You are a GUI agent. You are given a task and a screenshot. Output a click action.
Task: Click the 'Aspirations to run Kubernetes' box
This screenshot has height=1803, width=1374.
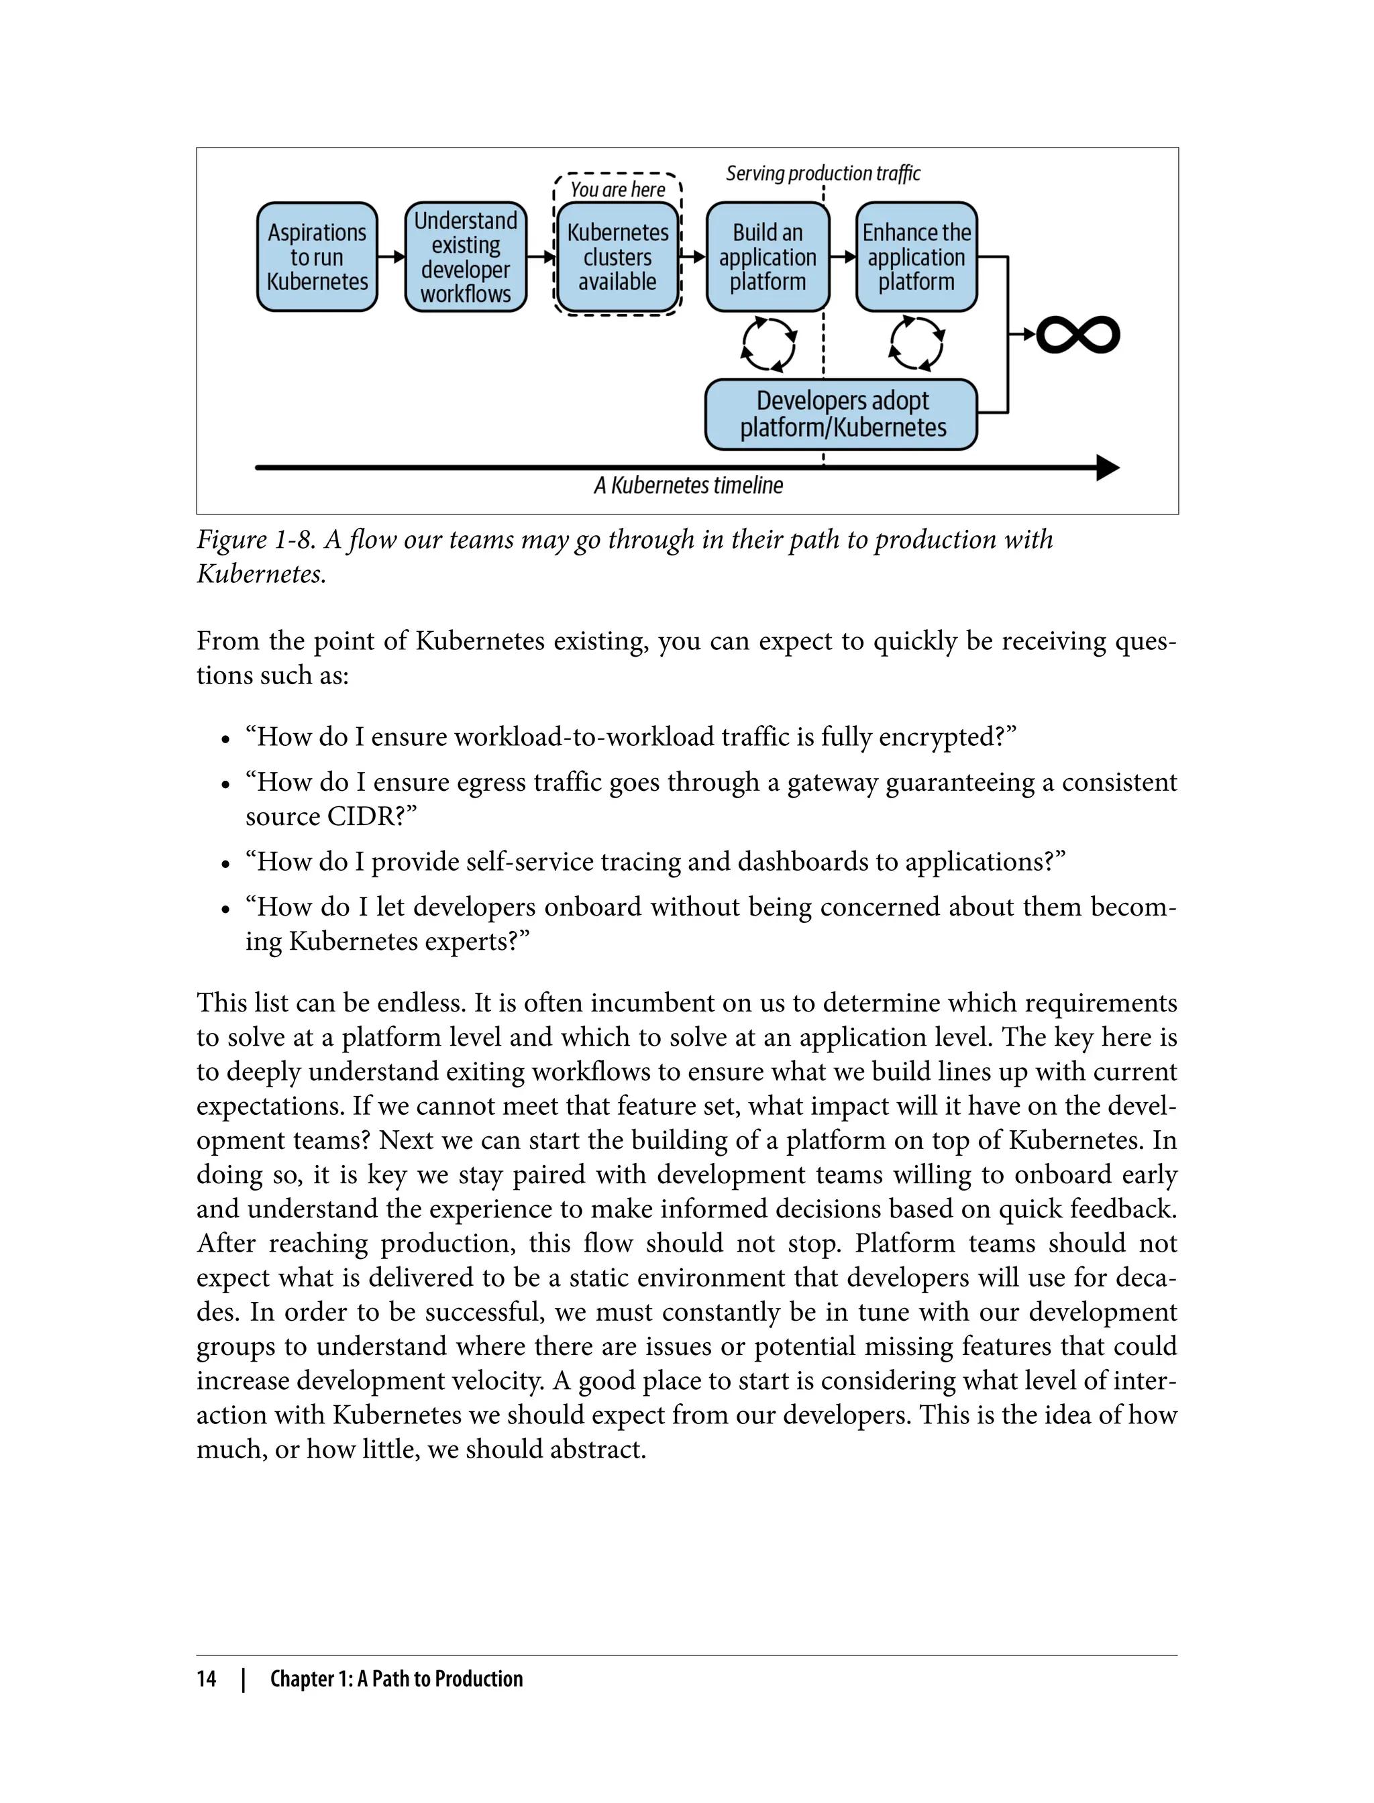click(x=317, y=257)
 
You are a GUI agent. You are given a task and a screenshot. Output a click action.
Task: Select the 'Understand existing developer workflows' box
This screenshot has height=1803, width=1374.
click(x=466, y=257)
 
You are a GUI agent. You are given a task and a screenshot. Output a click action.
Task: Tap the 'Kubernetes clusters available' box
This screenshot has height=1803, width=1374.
click(x=617, y=257)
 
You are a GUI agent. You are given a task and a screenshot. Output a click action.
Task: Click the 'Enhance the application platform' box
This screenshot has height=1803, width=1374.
click(x=916, y=257)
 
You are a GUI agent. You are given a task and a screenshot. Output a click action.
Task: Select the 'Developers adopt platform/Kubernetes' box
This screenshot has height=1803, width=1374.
click(x=841, y=415)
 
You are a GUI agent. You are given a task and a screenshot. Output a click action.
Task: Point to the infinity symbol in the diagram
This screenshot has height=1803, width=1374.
click(x=1078, y=335)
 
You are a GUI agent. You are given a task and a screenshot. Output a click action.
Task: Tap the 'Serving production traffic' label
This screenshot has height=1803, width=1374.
click(x=823, y=173)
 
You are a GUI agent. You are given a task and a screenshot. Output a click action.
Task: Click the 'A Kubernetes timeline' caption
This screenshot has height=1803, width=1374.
click(x=688, y=486)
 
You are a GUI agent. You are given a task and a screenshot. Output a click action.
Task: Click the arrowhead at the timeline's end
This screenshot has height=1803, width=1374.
click(x=1108, y=468)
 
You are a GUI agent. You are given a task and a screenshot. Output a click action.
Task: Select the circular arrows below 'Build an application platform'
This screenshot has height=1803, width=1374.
click(x=768, y=344)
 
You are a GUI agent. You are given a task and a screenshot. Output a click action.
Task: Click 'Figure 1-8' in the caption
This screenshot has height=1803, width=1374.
click(x=255, y=540)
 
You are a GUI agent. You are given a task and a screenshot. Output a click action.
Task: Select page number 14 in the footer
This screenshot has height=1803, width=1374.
click(x=206, y=1679)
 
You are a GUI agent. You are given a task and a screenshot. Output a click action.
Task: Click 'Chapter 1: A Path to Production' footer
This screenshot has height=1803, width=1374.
click(x=396, y=1679)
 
